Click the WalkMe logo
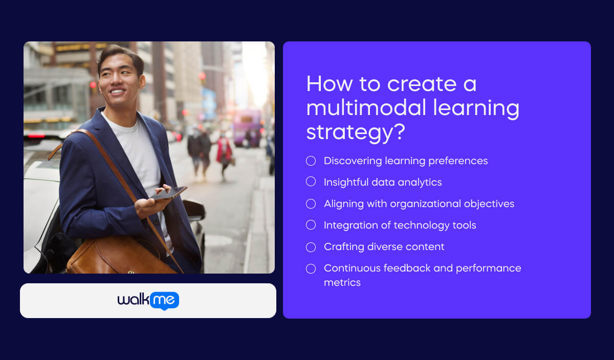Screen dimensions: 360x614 (148, 301)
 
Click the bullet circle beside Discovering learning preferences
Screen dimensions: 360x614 (311, 161)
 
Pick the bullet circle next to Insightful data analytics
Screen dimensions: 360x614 (311, 182)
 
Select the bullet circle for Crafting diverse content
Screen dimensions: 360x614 (311, 247)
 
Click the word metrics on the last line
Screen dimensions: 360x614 (342, 282)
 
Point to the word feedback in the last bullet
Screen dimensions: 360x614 (399, 268)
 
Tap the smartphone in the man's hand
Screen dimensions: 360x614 (168, 193)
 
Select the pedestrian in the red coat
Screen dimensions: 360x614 (224, 152)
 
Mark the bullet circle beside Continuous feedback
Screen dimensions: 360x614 (311, 268)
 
